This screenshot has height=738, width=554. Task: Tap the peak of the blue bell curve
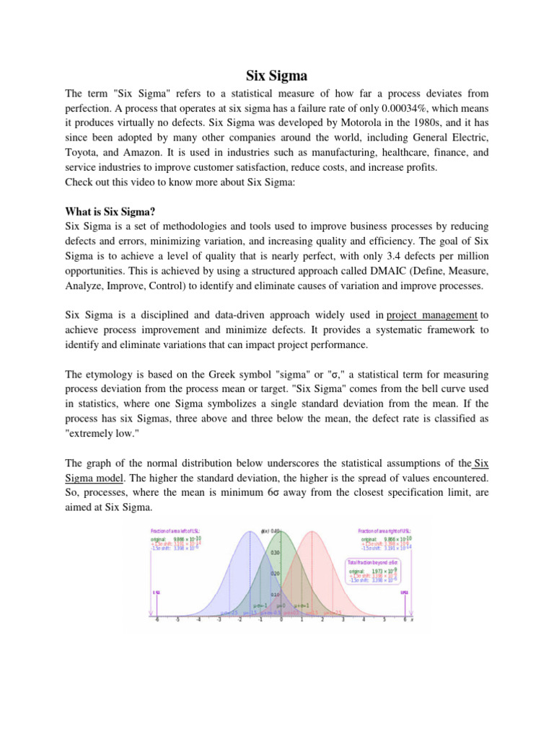click(250, 532)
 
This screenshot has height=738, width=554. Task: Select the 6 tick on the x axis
click(405, 625)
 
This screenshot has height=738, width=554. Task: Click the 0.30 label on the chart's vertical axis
click(274, 553)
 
